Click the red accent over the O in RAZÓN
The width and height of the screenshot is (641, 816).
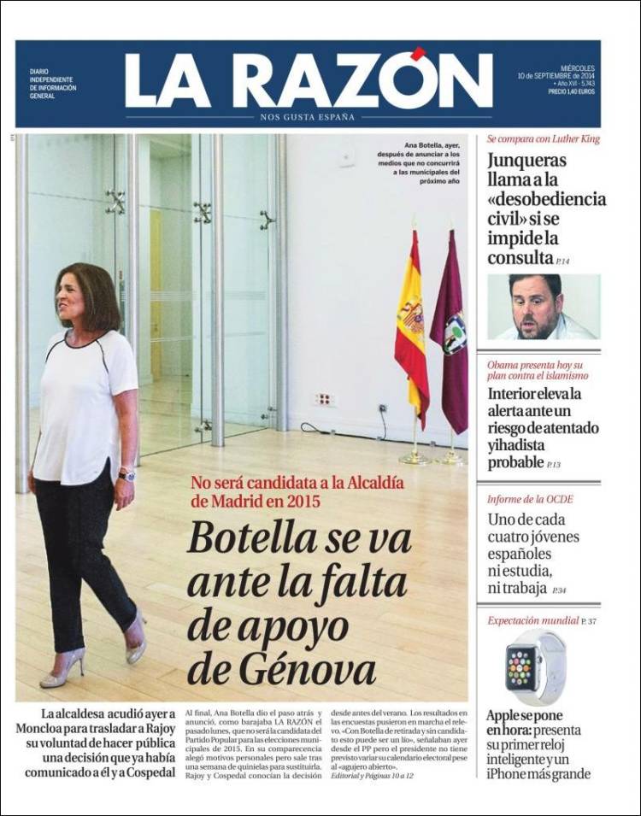click(418, 54)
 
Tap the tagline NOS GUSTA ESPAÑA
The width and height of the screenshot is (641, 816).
click(307, 117)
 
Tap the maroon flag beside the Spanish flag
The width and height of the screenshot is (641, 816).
click(450, 329)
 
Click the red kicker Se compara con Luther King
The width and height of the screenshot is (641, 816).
click(543, 138)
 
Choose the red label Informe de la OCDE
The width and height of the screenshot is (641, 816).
click(530, 499)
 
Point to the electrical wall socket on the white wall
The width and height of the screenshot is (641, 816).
click(324, 399)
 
